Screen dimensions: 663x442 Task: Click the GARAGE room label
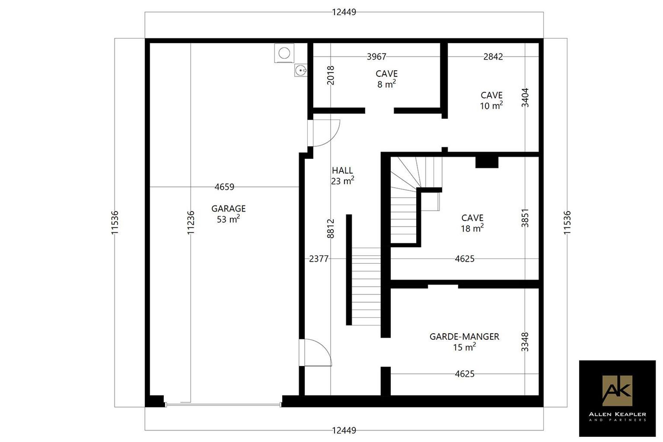228,214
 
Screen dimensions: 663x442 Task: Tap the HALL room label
342,176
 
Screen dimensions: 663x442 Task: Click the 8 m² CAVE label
387,79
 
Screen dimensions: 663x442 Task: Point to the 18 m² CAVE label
472,223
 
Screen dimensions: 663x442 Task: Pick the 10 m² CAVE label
491,101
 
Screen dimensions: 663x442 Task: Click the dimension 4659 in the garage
224,187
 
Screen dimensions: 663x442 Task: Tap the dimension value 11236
190,222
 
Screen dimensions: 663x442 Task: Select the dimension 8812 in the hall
331,228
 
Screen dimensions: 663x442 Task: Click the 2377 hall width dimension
319,259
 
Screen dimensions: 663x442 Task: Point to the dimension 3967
376,56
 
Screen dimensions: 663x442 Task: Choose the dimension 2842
493,56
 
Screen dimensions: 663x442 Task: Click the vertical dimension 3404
525,98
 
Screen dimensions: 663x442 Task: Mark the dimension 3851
525,218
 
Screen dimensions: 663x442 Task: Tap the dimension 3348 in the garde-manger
525,342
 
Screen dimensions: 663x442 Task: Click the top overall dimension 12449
344,12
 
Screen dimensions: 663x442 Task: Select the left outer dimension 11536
115,222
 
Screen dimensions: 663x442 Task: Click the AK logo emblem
617,390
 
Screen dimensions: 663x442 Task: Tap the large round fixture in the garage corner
284,53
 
